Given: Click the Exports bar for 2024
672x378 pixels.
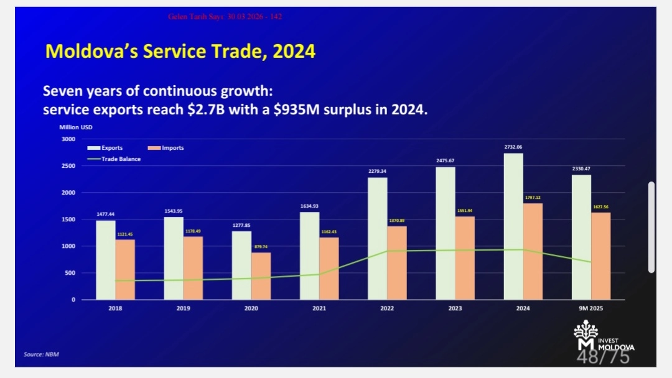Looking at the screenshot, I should pos(513,226).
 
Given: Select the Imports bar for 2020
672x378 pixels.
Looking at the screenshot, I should pos(261,276).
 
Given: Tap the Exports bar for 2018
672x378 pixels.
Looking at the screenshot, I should pos(106,260).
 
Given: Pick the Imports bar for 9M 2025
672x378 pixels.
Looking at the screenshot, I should pos(601,256).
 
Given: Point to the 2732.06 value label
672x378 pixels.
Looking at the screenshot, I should pos(513,147).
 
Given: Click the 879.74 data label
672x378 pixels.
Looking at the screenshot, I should pos(261,247).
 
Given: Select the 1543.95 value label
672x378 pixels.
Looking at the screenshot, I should pos(174,211).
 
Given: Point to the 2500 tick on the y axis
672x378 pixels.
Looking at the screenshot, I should pos(68,166).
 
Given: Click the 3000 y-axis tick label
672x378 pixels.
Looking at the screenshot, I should pos(68,139).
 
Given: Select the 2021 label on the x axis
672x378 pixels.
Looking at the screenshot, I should pos(319,308).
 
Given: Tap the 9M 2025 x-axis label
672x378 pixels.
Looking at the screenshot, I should pos(591,308).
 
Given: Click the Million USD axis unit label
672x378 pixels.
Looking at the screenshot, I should pos(76,127).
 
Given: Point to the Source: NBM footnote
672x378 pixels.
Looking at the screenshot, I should pos(42,354).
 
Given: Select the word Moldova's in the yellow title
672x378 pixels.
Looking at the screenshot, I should pos(92,51).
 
